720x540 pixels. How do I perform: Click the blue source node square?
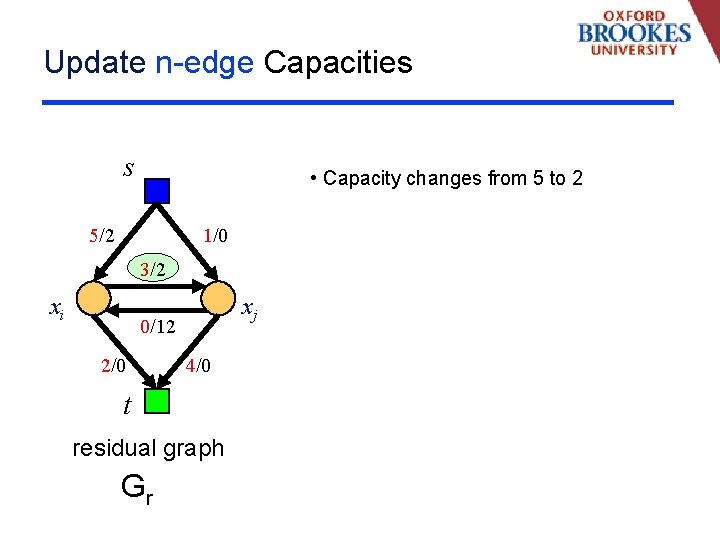tap(157, 190)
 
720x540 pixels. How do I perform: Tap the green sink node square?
tap(157, 401)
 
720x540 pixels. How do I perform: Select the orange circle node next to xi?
tap(94, 297)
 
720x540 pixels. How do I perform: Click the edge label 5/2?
tap(101, 236)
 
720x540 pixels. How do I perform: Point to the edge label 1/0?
tap(215, 236)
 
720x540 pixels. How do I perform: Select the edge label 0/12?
tap(158, 326)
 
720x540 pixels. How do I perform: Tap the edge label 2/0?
tap(113, 366)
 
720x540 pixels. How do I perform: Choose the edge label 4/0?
tap(198, 366)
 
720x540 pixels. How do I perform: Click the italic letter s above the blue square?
tap(128, 168)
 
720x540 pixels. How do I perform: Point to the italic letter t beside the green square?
tap(127, 405)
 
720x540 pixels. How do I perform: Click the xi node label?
tap(58, 310)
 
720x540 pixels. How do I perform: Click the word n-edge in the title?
tap(205, 63)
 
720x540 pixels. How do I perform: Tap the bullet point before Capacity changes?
tap(314, 178)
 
